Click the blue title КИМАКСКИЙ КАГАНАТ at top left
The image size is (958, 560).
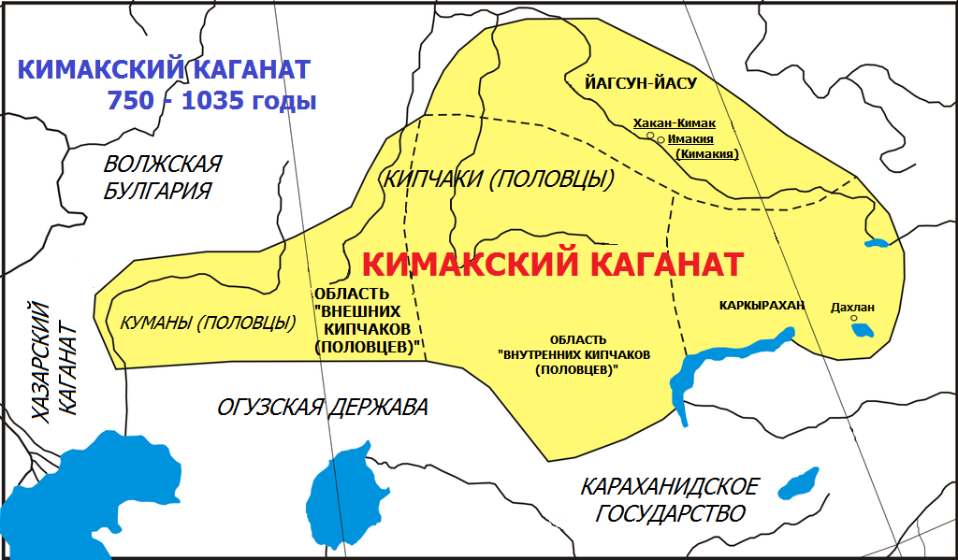pyautogui.click(x=164, y=70)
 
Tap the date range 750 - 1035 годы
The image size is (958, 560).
pyautogui.click(x=211, y=101)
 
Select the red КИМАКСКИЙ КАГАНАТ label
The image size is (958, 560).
pyautogui.click(x=552, y=265)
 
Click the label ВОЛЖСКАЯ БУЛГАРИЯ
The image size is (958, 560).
pyautogui.click(x=162, y=178)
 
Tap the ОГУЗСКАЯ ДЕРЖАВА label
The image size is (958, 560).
pyautogui.click(x=323, y=408)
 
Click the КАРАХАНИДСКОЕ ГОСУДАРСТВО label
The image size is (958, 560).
pyautogui.click(x=670, y=500)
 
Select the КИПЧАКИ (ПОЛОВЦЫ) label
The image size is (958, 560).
pyautogui.click(x=498, y=179)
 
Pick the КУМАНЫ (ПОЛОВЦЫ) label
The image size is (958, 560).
pyautogui.click(x=208, y=323)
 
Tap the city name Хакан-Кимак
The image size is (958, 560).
pyautogui.click(x=674, y=123)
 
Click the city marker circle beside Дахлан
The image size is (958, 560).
pyautogui.click(x=853, y=318)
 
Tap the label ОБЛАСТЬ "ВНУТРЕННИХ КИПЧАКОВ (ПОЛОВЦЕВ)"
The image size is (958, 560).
pyautogui.click(x=573, y=354)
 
